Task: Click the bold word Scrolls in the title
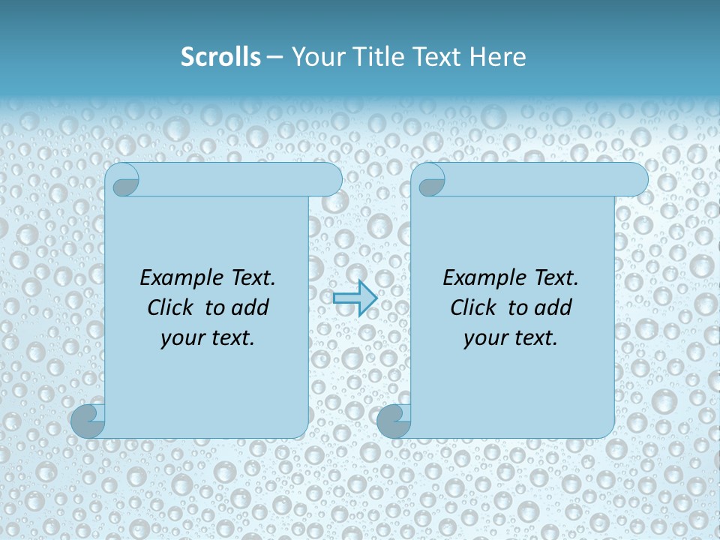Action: click(x=221, y=57)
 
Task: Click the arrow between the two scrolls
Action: click(x=355, y=298)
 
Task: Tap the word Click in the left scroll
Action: click(x=170, y=308)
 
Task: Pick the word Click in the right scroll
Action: click(x=473, y=308)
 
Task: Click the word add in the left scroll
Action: click(x=250, y=308)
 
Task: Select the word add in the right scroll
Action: click(x=553, y=308)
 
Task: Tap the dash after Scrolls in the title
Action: click(x=275, y=57)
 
